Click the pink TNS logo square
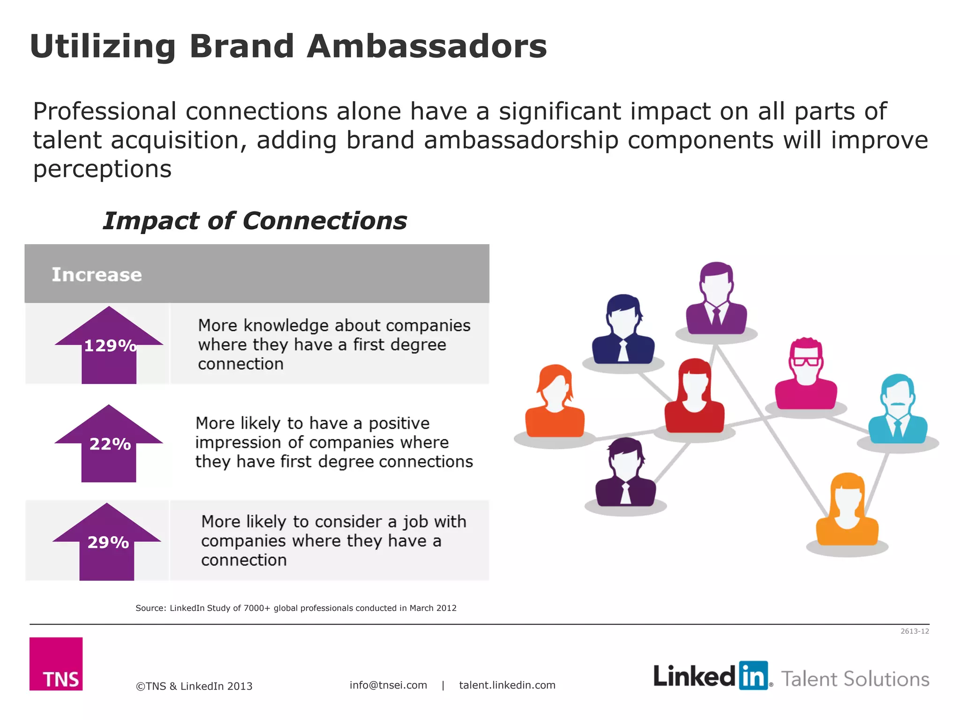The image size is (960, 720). pos(56,663)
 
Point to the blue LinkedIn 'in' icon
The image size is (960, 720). pos(753,675)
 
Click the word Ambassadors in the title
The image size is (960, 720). pos(427,46)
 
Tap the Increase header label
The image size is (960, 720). pos(97,275)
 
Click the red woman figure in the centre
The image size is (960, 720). pos(695,396)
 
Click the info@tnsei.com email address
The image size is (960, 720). pos(388,685)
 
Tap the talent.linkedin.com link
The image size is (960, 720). pos(507,685)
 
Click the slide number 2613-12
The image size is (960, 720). pos(915,631)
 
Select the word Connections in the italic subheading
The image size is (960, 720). pos(325,221)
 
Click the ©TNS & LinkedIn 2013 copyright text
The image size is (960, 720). pos(194,686)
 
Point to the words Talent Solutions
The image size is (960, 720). pos(855,679)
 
